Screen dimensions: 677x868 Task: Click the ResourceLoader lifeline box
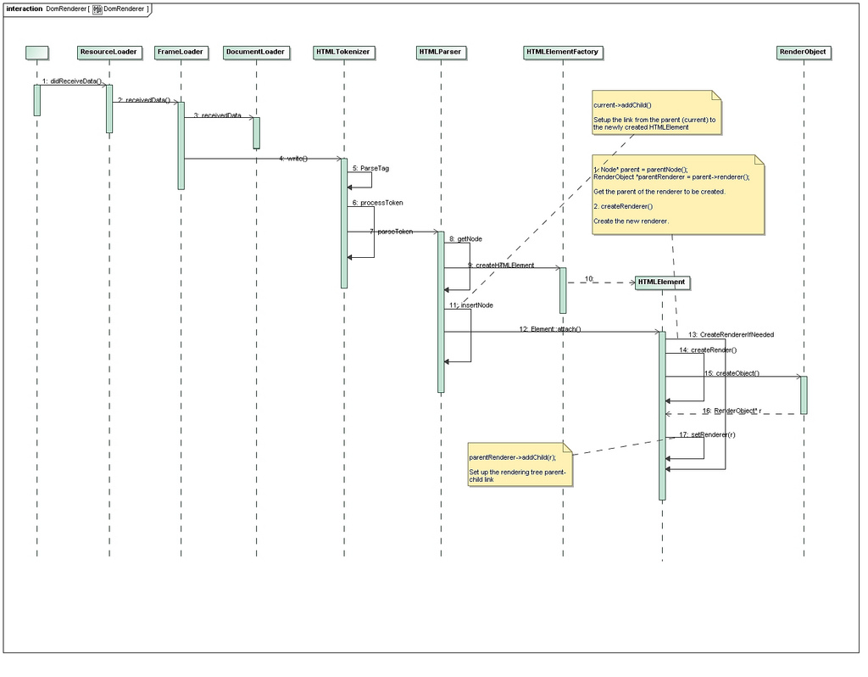[x=108, y=52]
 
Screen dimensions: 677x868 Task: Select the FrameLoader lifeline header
[x=181, y=52]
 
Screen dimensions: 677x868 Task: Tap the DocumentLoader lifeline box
[x=255, y=52]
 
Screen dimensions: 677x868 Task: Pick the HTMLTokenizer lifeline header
[x=343, y=52]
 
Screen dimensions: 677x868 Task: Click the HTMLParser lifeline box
[x=440, y=52]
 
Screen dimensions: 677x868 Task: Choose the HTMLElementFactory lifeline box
[x=562, y=52]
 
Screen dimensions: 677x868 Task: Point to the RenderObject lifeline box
[x=803, y=52]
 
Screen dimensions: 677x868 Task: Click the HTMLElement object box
[x=661, y=282]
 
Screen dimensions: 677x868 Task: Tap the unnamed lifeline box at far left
[x=36, y=52]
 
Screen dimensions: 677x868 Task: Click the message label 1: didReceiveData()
[x=72, y=81]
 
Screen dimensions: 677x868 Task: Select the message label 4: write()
[x=293, y=159]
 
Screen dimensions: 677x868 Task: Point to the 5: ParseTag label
[x=370, y=168]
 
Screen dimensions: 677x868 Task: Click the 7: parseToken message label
[x=391, y=232]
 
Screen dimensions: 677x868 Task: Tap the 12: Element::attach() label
[x=550, y=328]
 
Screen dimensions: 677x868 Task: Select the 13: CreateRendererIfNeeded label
[x=731, y=334]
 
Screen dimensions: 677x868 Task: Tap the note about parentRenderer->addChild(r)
[x=520, y=464]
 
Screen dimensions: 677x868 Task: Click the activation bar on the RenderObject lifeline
[x=804, y=394]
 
